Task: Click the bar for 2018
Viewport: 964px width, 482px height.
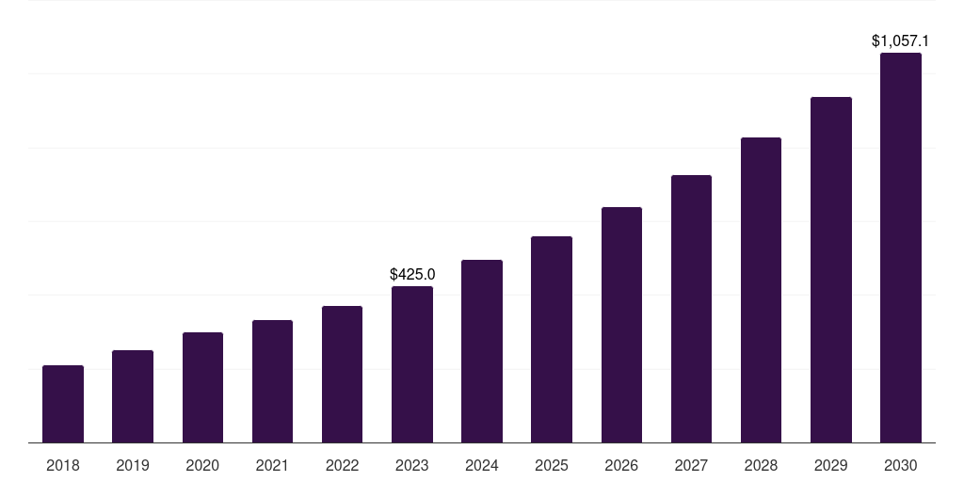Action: [x=63, y=404]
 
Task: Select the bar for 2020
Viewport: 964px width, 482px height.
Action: [x=202, y=387]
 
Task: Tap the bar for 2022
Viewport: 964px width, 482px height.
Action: [x=342, y=374]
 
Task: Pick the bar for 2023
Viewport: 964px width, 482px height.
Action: [x=412, y=364]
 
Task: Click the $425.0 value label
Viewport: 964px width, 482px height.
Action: [x=412, y=274]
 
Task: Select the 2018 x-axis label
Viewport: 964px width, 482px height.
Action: [x=63, y=465]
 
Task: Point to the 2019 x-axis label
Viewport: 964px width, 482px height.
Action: [x=133, y=465]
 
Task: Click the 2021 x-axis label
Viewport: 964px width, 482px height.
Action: [x=272, y=465]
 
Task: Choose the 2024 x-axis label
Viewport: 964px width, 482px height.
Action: [x=482, y=465]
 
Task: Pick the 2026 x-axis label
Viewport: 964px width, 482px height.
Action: [x=621, y=465]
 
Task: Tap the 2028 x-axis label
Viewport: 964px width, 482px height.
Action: [x=761, y=465]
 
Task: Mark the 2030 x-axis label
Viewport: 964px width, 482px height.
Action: [x=901, y=465]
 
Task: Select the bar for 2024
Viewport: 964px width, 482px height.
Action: [x=482, y=351]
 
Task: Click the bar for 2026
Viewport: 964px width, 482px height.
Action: [x=621, y=325]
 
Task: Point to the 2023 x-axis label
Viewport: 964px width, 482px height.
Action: [x=412, y=465]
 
